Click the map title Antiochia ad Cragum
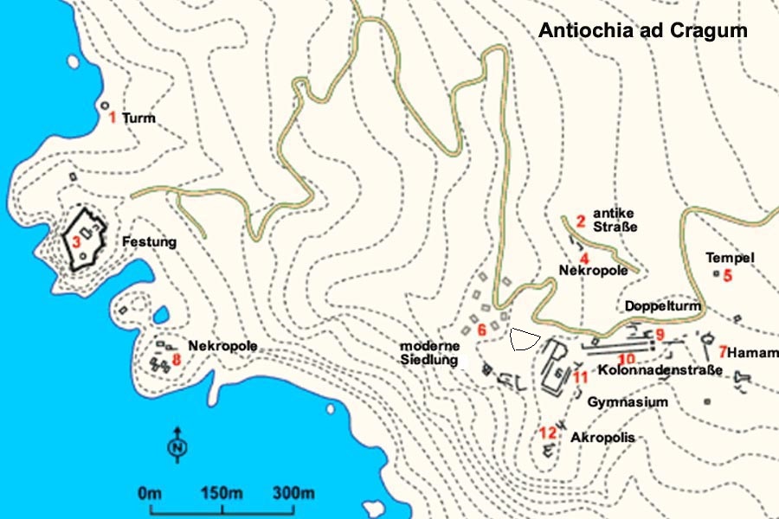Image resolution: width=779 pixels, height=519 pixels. [642, 30]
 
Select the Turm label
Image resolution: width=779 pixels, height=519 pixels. [138, 118]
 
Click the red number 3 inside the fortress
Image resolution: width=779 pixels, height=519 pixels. [76, 242]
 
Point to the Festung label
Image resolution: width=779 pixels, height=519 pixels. [149, 242]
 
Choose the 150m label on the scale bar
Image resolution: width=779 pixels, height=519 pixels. [222, 494]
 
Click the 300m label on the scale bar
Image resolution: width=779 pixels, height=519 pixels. [293, 494]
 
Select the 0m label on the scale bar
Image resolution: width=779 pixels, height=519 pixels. [150, 494]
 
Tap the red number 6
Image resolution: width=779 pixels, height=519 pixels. [482, 330]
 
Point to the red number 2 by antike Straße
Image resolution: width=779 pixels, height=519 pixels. [581, 221]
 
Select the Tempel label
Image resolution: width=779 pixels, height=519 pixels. [730, 258]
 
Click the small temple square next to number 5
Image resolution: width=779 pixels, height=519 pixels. [716, 274]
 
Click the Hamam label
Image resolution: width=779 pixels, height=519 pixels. [752, 353]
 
